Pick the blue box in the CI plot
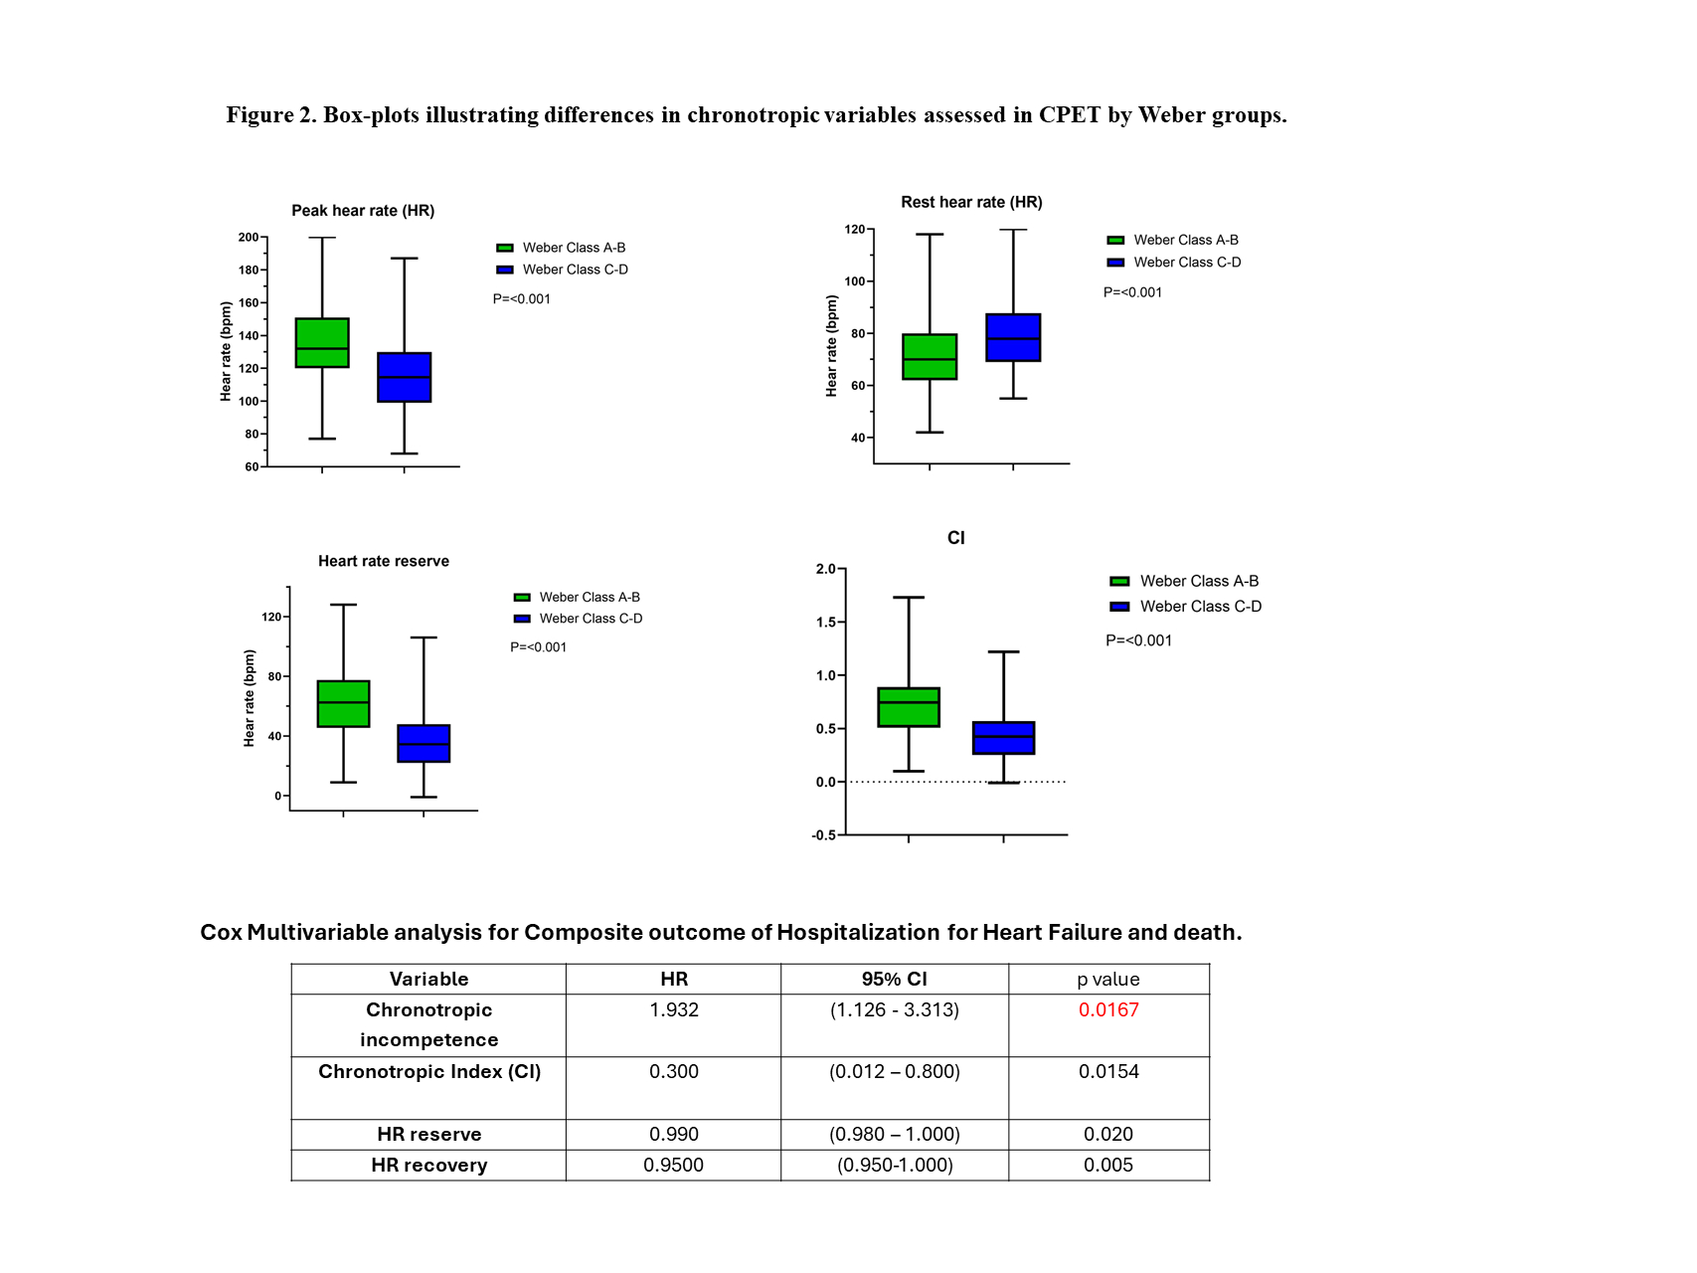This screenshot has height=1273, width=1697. click(x=1003, y=738)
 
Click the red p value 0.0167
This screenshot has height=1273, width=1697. click(x=1108, y=1010)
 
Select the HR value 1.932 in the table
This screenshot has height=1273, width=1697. click(x=674, y=1010)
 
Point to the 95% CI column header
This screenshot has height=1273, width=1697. click(x=894, y=980)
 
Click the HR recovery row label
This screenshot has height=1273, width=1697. click(x=428, y=1166)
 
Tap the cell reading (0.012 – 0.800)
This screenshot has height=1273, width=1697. click(x=894, y=1072)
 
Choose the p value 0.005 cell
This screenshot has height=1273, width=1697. click(x=1108, y=1166)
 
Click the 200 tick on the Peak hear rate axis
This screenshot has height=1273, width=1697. click(x=249, y=238)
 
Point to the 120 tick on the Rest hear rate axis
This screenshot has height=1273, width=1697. click(x=855, y=230)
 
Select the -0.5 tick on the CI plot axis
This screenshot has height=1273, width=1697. click(x=824, y=835)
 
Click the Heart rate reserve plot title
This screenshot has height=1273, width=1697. click(x=384, y=562)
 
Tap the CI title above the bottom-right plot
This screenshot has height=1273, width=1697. click(x=955, y=538)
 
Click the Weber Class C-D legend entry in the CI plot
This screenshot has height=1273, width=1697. click(x=1200, y=607)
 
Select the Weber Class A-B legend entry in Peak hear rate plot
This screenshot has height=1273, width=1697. click(x=574, y=248)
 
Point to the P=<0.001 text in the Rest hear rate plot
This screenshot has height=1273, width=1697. click(x=1132, y=292)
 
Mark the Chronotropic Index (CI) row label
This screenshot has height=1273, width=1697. click(x=428, y=1072)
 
